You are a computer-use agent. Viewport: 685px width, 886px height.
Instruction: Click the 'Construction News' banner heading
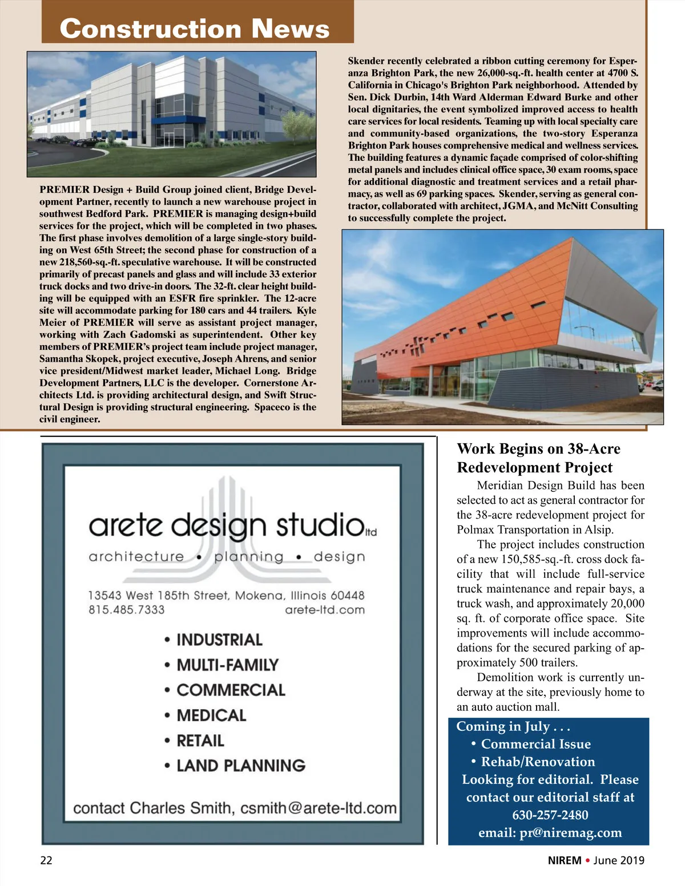[194, 29]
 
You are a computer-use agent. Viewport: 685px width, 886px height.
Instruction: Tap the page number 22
[46, 860]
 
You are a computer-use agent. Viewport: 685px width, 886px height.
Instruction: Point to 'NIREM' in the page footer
[565, 860]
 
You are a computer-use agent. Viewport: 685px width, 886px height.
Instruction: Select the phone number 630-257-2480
[550, 815]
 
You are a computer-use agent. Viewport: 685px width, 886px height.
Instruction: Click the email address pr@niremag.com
[570, 832]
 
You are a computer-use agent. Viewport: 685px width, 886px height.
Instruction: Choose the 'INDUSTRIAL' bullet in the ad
[219, 640]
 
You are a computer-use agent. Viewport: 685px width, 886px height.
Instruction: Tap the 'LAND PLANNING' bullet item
[240, 766]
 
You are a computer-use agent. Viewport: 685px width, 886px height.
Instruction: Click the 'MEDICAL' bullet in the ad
[211, 715]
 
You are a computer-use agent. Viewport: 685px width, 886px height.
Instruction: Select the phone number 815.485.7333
[126, 609]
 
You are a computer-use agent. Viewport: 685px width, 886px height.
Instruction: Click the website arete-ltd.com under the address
[324, 609]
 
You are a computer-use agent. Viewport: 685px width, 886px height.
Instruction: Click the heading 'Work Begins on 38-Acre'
[538, 449]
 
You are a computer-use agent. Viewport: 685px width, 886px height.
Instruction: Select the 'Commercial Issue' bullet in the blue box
[535, 744]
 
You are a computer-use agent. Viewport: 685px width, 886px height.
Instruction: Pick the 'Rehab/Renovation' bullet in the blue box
[538, 762]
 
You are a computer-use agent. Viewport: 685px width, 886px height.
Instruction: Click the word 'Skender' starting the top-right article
[366, 61]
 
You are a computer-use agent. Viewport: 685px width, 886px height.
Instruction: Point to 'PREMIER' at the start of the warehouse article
[65, 189]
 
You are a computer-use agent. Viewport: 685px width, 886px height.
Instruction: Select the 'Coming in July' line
[513, 726]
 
